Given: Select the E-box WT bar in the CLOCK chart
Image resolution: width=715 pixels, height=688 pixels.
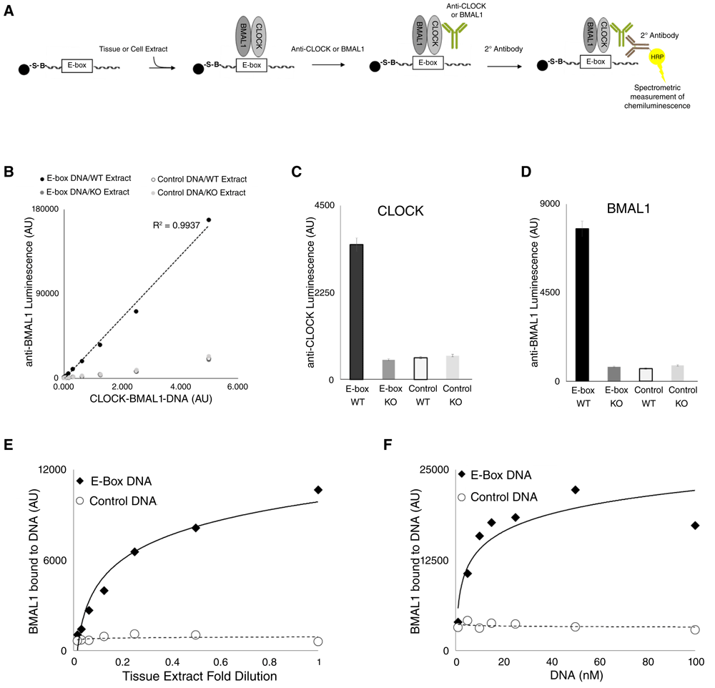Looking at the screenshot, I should [x=356, y=312].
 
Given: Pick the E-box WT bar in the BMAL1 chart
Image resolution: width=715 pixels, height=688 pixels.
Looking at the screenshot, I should [x=582, y=305].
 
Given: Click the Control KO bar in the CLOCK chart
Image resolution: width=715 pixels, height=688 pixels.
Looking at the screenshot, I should [x=452, y=368].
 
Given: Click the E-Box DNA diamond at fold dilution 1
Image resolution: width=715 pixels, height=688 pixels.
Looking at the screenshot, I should [x=318, y=490].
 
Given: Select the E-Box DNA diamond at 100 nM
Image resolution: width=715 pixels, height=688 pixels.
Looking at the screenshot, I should [x=695, y=526].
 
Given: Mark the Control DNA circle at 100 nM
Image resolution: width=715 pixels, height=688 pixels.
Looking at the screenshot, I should [x=695, y=629].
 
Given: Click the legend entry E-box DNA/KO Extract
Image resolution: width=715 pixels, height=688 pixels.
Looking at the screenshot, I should [x=84, y=193].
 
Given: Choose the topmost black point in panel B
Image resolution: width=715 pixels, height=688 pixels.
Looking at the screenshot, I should [x=209, y=220].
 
